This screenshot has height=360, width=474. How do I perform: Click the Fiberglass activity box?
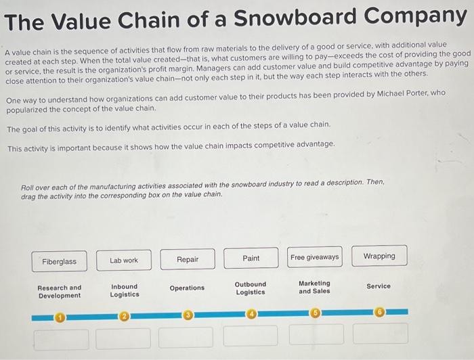coord(60,261)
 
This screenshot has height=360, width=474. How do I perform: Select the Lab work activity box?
coord(124,260)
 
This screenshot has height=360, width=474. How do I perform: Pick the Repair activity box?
coord(188,259)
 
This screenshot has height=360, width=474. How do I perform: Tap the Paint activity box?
coord(251,258)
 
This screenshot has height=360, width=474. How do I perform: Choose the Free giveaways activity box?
coord(315,257)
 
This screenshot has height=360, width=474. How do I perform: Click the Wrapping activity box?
coord(379,256)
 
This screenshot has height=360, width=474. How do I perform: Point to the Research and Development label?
coord(60,292)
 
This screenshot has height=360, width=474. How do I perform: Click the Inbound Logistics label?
coord(125,290)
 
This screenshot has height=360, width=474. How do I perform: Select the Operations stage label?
coord(187,288)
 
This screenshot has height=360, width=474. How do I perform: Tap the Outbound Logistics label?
coord(251,288)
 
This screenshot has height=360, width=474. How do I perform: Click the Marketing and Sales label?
coord(315,287)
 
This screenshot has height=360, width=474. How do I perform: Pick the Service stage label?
coord(379,286)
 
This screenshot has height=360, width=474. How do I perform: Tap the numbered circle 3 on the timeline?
coord(188,315)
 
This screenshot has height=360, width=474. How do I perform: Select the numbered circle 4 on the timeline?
coord(251,314)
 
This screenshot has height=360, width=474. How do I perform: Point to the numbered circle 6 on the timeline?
coord(380,312)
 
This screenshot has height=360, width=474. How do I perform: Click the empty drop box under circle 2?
coord(123,338)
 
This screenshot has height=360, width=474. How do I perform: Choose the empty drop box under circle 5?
coord(316,334)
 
